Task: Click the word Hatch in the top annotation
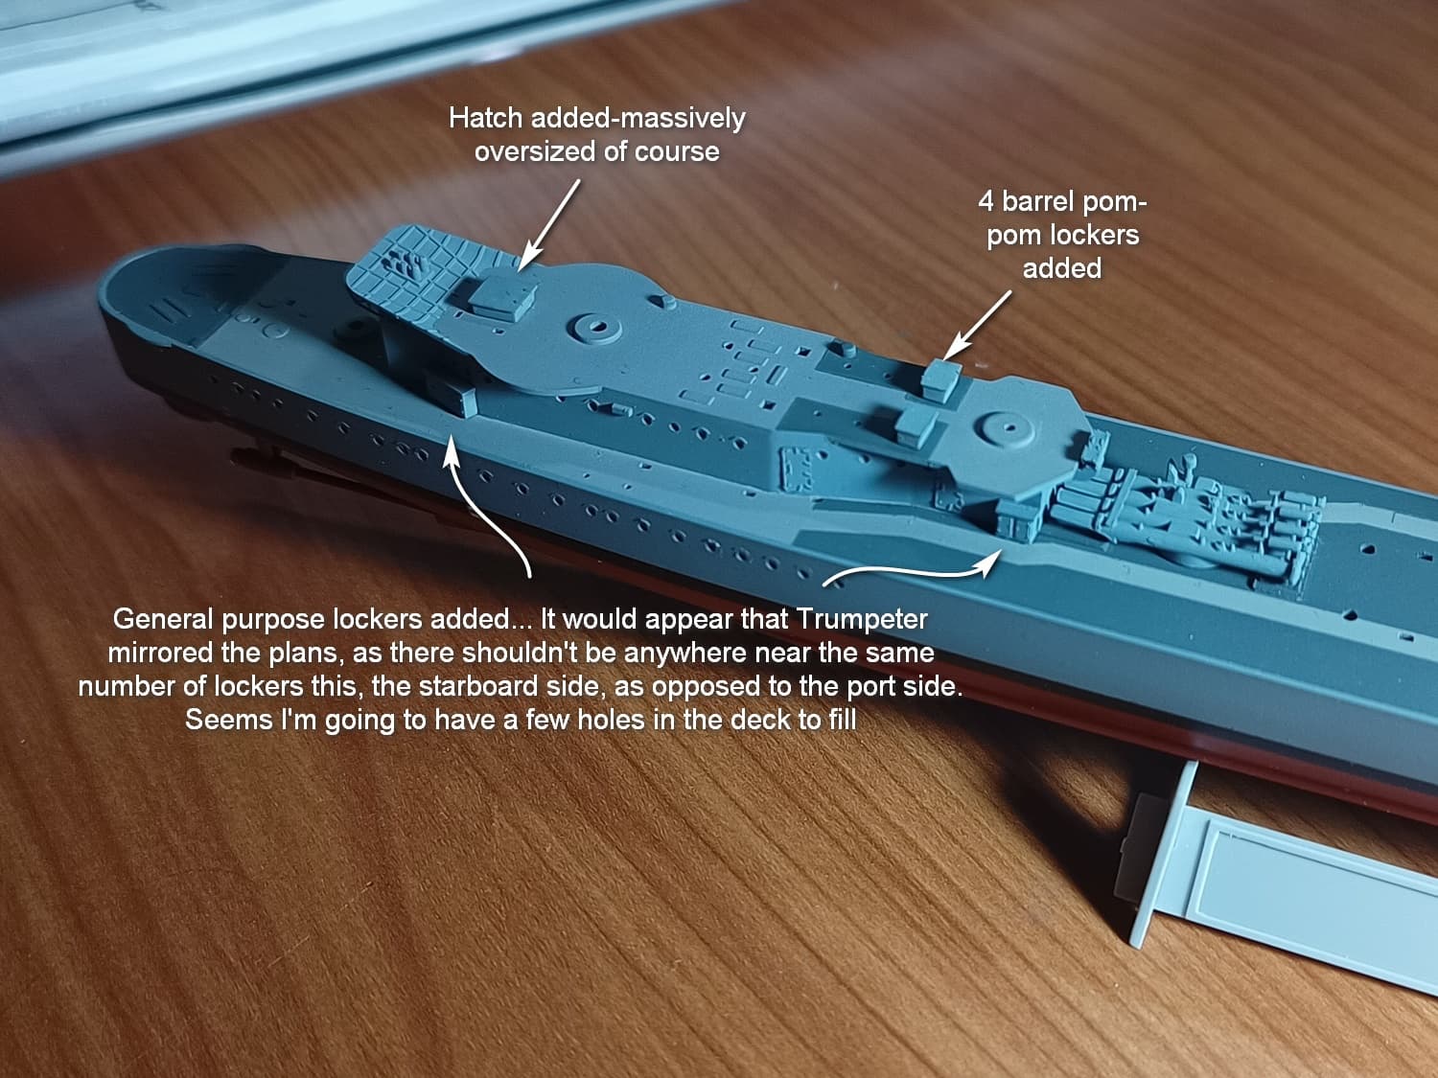click(486, 119)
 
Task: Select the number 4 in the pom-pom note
click(986, 201)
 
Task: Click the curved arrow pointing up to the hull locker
click(485, 511)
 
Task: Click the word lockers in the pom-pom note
click(1096, 235)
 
